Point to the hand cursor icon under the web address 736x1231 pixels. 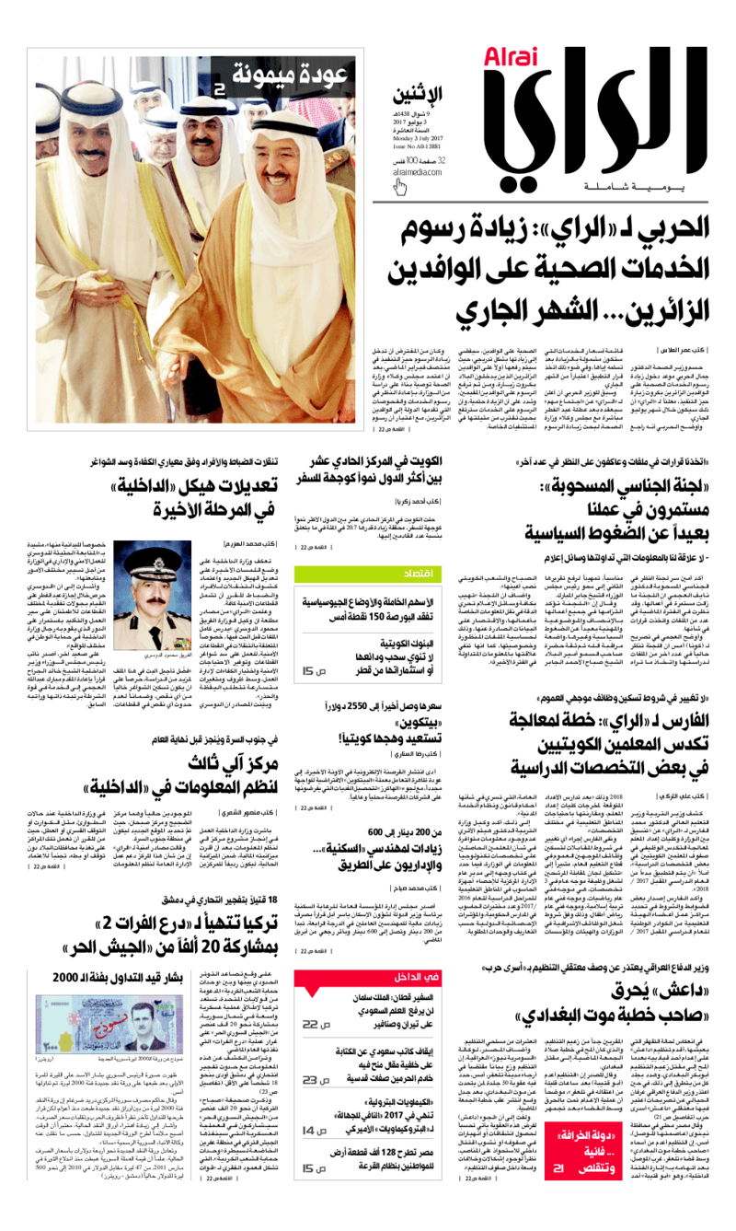click(402, 187)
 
